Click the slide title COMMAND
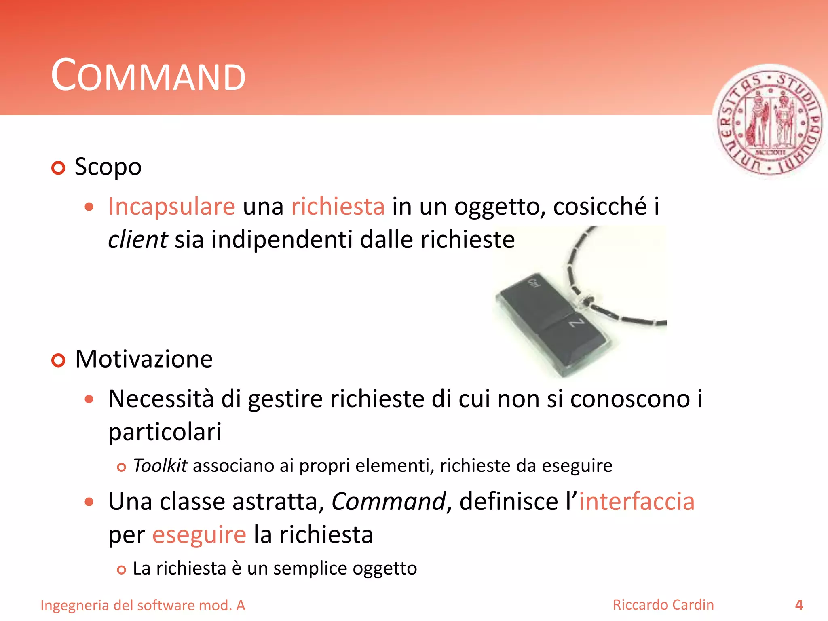(x=148, y=76)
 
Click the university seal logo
(x=769, y=122)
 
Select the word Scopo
(x=108, y=167)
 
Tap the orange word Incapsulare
(x=171, y=207)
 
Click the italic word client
(x=137, y=239)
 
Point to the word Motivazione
(x=144, y=359)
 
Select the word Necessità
(x=161, y=399)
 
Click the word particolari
(x=165, y=432)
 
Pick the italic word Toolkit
(x=160, y=466)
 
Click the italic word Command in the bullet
(x=388, y=502)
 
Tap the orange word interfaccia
(x=636, y=502)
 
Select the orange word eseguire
(x=199, y=535)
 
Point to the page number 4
(x=799, y=605)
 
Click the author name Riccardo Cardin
(x=663, y=605)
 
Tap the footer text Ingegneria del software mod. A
(x=143, y=606)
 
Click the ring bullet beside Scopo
(x=59, y=168)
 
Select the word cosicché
(x=600, y=207)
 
